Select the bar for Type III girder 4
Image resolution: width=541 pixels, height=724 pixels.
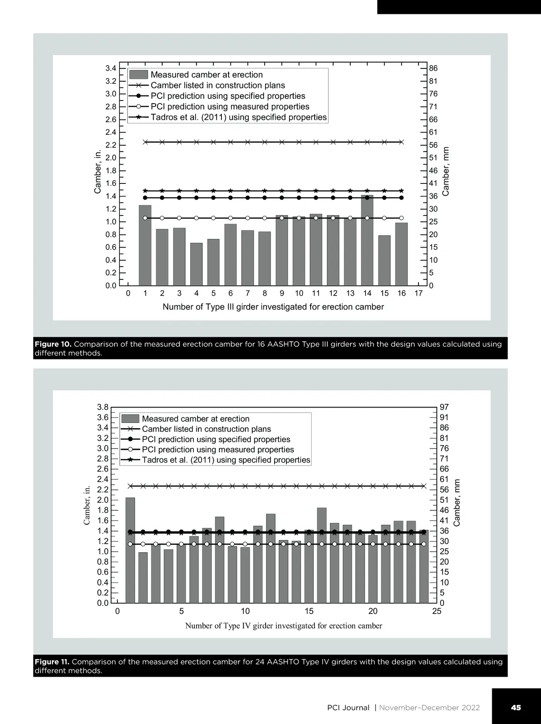click(196, 265)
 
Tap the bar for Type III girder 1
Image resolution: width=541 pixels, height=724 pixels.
click(145, 246)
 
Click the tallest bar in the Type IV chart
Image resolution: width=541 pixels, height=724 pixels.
click(130, 550)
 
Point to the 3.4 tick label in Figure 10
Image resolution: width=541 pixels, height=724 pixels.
click(111, 69)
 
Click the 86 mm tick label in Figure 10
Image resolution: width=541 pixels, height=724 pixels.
click(433, 69)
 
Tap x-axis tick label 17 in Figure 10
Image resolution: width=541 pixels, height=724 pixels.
click(418, 293)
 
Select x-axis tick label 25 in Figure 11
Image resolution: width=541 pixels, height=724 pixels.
click(436, 612)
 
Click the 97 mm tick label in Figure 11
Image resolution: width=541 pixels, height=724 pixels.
click(445, 407)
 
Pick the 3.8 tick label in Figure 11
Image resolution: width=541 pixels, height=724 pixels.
click(103, 407)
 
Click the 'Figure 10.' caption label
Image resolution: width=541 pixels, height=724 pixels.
click(53, 344)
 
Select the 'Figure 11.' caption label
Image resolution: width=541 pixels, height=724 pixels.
click(52, 662)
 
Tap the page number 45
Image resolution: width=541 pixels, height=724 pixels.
click(516, 708)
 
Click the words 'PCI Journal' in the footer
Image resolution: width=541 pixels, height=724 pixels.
click(348, 708)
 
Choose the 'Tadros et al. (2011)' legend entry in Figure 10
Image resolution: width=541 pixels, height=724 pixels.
click(238, 117)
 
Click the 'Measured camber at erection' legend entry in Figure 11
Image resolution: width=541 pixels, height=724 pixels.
click(195, 419)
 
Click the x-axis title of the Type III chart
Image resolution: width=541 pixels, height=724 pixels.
click(273, 307)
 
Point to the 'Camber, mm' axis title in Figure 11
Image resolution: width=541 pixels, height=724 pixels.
click(457, 503)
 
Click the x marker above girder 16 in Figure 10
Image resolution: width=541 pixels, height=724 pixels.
click(401, 142)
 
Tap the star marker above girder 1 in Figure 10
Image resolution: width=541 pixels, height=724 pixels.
click(145, 191)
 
